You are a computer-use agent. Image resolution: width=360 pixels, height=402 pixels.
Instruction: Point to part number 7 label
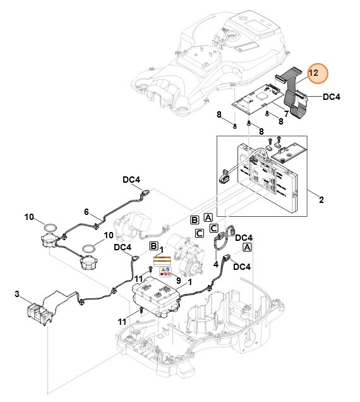[x=286, y=113]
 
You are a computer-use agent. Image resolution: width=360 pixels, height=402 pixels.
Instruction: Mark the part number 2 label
[x=321, y=200]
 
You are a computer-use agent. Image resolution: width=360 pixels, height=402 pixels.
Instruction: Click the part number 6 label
[x=87, y=212]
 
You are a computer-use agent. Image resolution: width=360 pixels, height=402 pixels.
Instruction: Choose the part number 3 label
[x=16, y=295]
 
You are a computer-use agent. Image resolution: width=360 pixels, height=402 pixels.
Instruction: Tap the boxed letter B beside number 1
[x=153, y=245]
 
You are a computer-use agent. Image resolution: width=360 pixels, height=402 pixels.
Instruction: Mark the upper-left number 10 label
[x=29, y=217]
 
